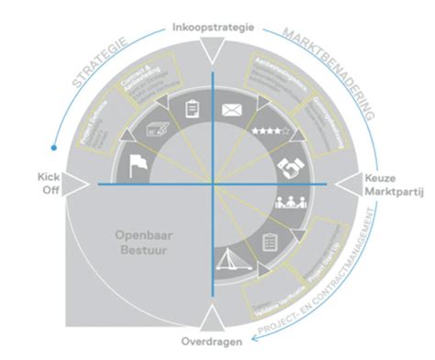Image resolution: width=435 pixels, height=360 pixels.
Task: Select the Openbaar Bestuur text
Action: point(138,242)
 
